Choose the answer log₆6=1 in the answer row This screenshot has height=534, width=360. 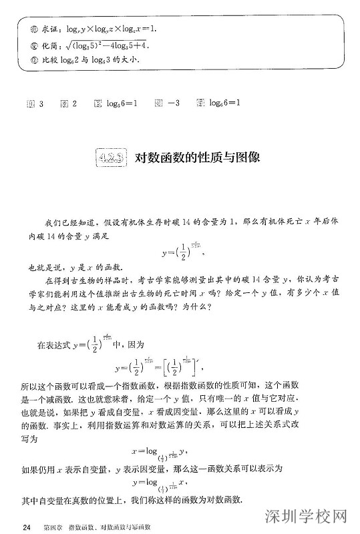(x=224, y=103)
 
